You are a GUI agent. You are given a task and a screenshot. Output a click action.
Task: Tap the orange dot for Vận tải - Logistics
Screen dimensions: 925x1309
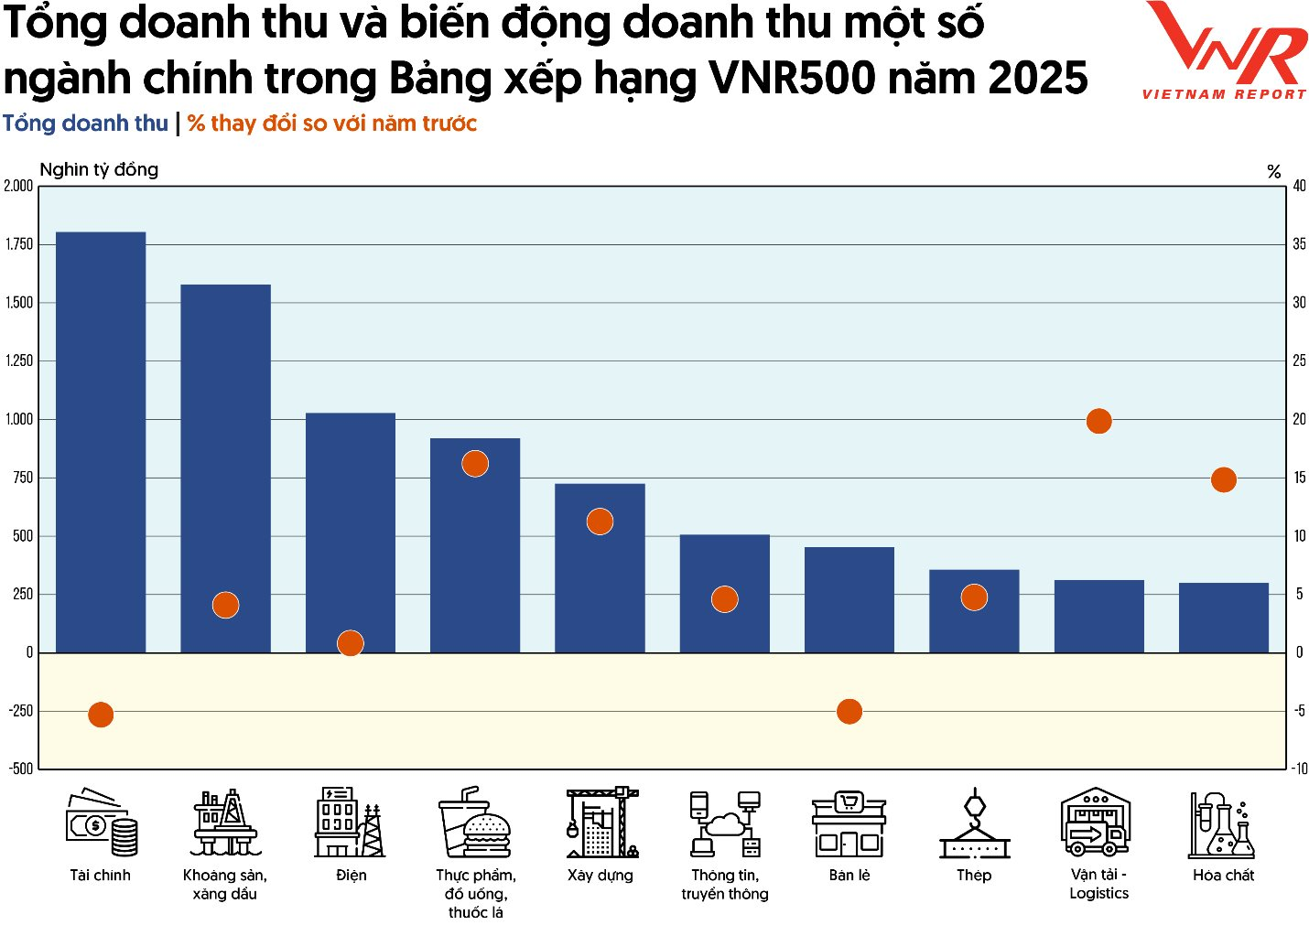click(x=1098, y=421)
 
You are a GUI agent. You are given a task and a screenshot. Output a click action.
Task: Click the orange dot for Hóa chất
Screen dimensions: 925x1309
click(x=1223, y=479)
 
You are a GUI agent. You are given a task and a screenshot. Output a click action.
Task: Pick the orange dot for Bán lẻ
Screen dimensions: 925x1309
click(x=849, y=711)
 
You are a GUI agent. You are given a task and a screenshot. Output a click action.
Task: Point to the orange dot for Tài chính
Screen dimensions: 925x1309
click(x=101, y=715)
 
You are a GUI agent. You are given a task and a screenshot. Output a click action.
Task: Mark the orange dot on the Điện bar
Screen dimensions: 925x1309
click(x=351, y=643)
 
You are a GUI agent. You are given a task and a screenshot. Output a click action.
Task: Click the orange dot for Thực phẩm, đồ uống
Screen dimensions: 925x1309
click(x=475, y=464)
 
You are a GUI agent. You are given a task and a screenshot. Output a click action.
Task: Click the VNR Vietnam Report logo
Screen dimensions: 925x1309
click(x=1225, y=50)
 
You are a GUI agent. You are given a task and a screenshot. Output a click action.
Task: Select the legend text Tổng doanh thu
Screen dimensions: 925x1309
click(x=85, y=124)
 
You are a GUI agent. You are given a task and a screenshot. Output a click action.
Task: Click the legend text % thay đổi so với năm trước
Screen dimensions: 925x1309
click(x=332, y=124)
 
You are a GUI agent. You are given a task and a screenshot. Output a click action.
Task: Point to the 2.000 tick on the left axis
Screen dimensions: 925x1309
click(x=18, y=186)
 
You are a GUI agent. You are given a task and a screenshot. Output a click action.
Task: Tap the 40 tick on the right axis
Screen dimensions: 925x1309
click(x=1299, y=186)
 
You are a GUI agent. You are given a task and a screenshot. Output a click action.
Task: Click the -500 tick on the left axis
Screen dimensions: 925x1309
click(x=20, y=769)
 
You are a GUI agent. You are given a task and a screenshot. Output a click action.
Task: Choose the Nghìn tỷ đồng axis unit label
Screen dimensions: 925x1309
click(x=99, y=169)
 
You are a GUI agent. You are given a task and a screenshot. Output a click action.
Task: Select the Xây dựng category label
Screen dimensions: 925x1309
click(x=600, y=875)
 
